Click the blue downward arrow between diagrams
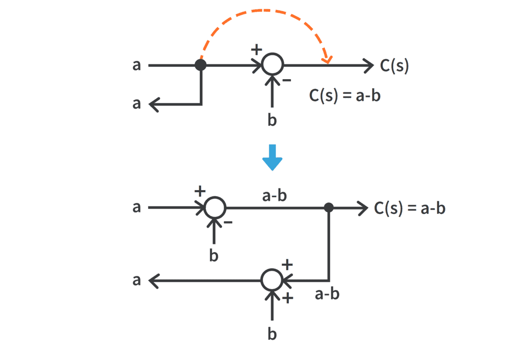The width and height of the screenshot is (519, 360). pyautogui.click(x=272, y=158)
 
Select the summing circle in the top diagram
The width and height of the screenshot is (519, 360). pyautogui.click(x=272, y=65)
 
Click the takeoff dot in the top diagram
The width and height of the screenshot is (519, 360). pyautogui.click(x=201, y=65)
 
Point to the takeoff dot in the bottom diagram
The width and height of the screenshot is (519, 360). pyautogui.click(x=329, y=207)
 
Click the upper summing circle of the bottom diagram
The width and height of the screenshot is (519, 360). pyautogui.click(x=214, y=207)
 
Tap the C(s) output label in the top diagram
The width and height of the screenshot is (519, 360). pyautogui.click(x=394, y=66)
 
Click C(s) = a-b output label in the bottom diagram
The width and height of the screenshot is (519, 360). pyautogui.click(x=410, y=208)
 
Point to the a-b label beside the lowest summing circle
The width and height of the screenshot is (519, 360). pyautogui.click(x=327, y=294)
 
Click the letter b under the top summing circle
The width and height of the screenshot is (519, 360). pyautogui.click(x=272, y=121)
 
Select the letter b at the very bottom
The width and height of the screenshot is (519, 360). pyautogui.click(x=272, y=335)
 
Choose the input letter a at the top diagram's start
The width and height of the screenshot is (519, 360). pyautogui.click(x=136, y=65)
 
